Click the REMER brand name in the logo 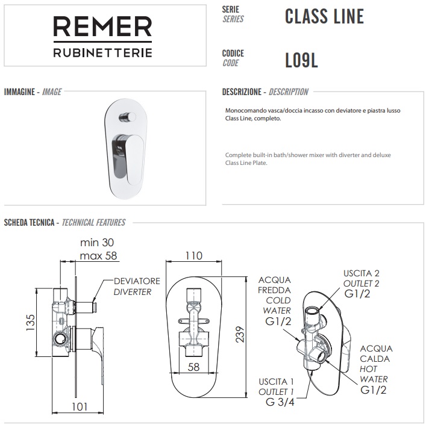tap(102, 27)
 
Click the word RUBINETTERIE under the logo tap(102, 52)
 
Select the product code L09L tap(301, 60)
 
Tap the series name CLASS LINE tap(324, 16)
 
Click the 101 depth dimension tap(79, 407)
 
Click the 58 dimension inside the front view tap(193, 366)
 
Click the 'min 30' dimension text tap(96, 243)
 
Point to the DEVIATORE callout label tap(137, 281)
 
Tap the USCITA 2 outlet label tap(362, 273)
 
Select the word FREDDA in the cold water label tap(275, 290)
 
